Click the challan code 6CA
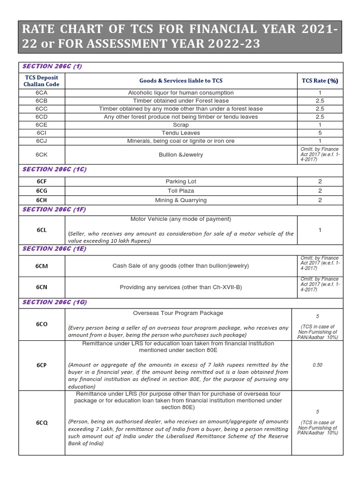point(42,93)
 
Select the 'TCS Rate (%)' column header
point(320,80)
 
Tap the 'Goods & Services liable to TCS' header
point(180,80)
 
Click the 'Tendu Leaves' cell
point(180,133)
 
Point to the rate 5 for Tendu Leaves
point(320,133)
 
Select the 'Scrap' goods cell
point(180,125)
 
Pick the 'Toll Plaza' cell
point(180,191)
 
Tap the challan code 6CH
point(42,200)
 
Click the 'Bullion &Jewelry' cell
point(180,154)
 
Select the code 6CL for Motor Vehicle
point(42,230)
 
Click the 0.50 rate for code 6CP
point(317,364)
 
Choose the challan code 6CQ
point(42,422)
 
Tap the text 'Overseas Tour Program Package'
point(178,313)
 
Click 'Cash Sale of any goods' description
point(180,266)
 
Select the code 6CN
point(42,287)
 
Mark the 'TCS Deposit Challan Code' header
point(42,80)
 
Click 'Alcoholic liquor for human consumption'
point(180,93)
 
